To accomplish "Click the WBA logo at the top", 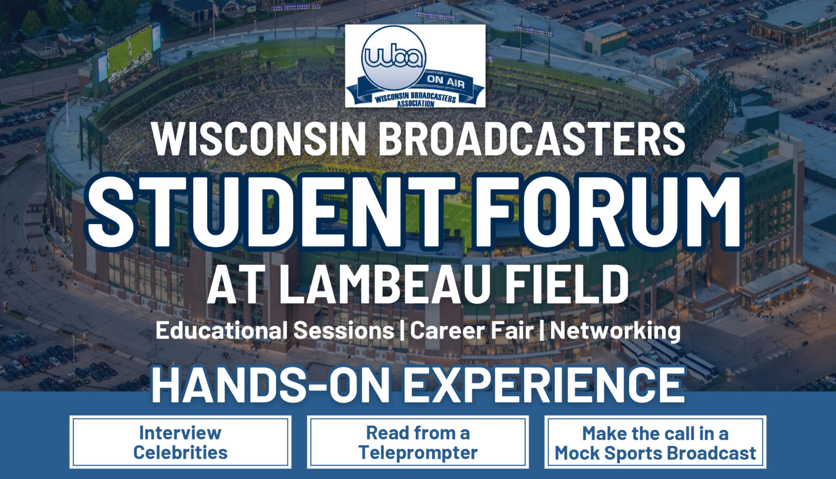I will click(x=415, y=65).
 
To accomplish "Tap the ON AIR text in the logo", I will click(x=445, y=80).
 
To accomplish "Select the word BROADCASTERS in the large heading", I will click(x=532, y=139).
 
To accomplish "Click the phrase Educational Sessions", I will click(x=274, y=331).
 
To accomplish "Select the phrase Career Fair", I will click(x=471, y=331).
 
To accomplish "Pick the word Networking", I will click(x=615, y=331).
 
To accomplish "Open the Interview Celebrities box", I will click(x=180, y=442).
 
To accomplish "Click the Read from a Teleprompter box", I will click(x=417, y=442).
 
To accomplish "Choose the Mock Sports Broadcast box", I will click(x=655, y=442).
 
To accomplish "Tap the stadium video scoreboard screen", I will click(x=130, y=53).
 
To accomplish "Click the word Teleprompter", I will click(x=417, y=452).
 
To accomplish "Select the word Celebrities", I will click(x=180, y=452).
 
